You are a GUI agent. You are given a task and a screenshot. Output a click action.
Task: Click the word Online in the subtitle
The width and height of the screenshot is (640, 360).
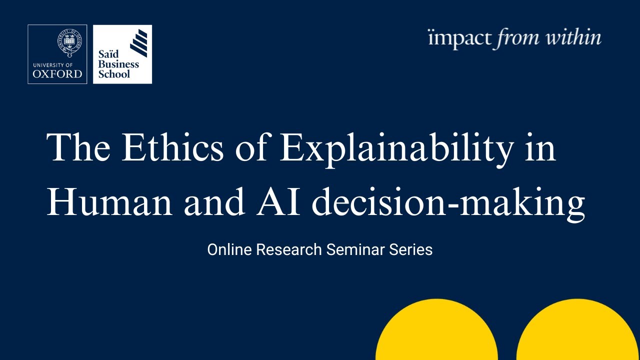(229, 249)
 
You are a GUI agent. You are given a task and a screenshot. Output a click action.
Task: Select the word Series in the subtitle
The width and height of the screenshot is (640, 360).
(411, 249)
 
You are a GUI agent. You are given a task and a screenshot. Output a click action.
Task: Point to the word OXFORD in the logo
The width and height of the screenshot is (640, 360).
(57, 73)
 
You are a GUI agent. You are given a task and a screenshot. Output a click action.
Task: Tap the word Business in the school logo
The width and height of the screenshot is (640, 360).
(118, 64)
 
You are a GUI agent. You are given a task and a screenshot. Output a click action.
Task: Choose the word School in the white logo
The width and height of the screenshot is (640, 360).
(114, 74)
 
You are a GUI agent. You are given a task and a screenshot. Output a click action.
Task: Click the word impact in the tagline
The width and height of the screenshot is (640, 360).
(459, 38)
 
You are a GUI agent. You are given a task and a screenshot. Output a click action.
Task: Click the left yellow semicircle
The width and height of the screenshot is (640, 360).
(436, 332)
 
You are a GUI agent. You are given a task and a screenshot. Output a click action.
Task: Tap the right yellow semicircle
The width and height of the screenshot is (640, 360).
(578, 332)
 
